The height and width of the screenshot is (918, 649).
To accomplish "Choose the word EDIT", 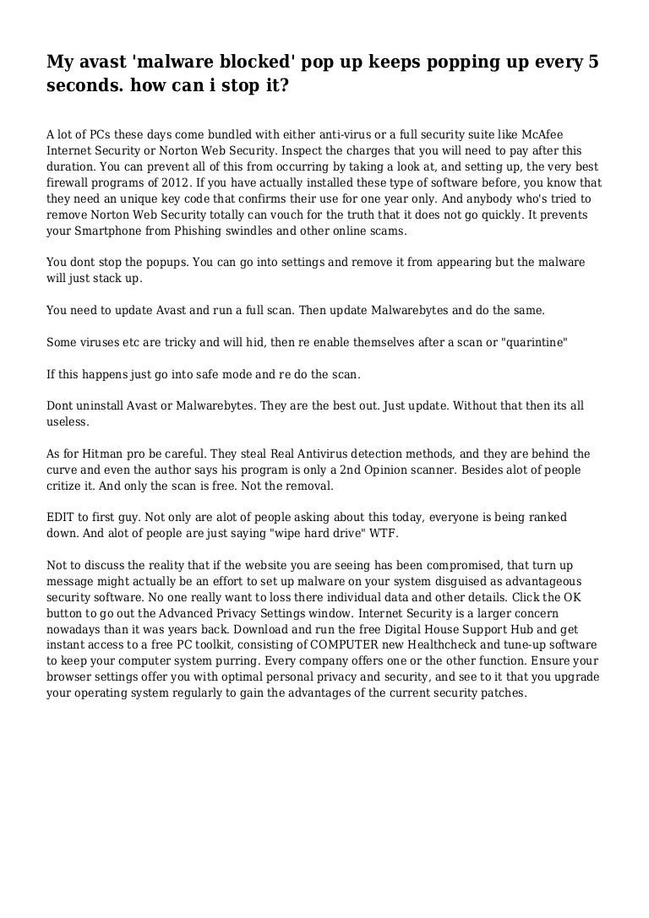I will click(x=63, y=516).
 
